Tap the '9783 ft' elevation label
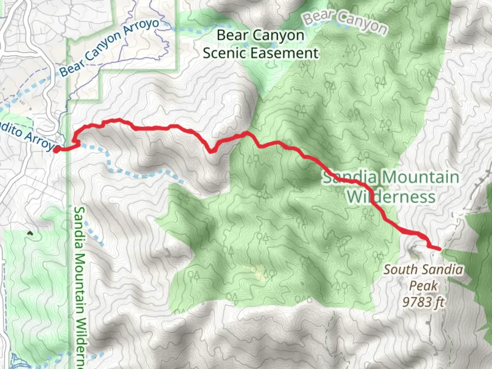(x=423, y=302)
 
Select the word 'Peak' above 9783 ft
(x=423, y=286)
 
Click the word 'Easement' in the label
(x=285, y=53)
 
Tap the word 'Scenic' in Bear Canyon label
(x=225, y=53)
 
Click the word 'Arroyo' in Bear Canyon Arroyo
(x=141, y=29)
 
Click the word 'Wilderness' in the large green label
(x=392, y=197)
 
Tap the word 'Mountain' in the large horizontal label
(x=421, y=177)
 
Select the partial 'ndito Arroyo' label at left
(x=29, y=136)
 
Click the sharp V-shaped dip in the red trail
(x=211, y=151)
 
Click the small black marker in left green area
(x=30, y=233)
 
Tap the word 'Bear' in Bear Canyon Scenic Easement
(x=231, y=35)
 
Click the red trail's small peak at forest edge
(x=246, y=133)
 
